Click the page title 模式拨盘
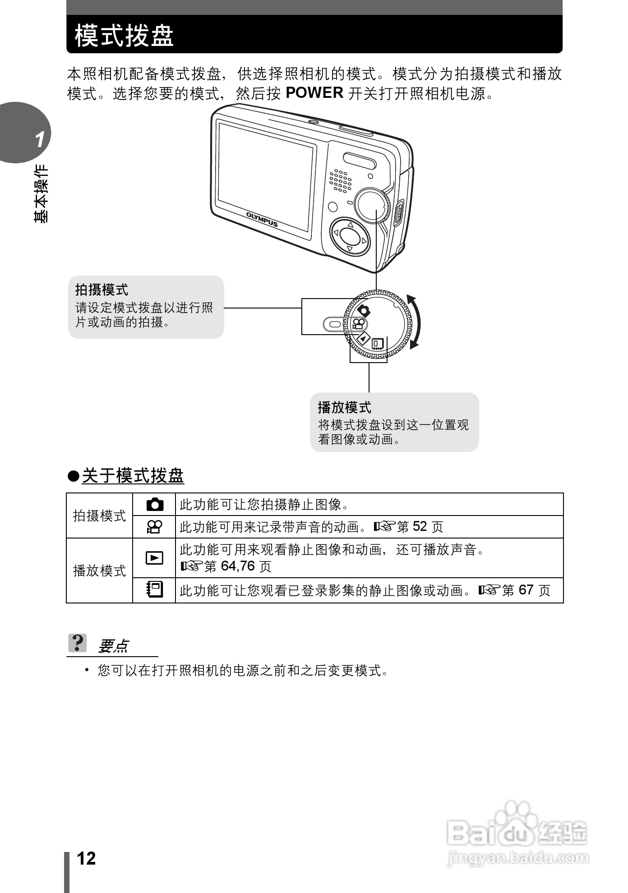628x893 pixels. click(124, 36)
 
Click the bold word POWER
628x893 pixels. click(314, 93)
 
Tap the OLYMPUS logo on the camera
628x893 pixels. click(262, 219)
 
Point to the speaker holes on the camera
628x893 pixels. click(340, 181)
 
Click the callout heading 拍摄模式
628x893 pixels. click(102, 290)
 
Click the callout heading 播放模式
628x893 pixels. click(345, 407)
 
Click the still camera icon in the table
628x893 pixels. click(154, 504)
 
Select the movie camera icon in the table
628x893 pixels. click(154, 527)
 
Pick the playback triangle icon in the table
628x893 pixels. click(154, 558)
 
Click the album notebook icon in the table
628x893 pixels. click(154, 590)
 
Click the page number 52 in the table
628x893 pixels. click(420, 527)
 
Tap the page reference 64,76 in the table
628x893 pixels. click(238, 566)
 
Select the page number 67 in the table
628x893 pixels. click(526, 590)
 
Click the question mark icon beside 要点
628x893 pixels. click(78, 643)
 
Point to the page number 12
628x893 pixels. click(86, 858)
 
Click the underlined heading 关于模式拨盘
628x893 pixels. click(133, 476)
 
